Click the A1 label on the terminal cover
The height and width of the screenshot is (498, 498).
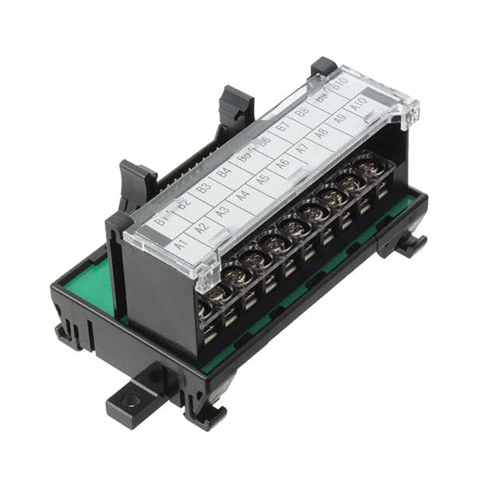tap(181, 244)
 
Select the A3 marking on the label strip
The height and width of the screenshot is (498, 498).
tap(222, 211)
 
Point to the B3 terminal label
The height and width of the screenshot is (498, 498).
tap(204, 189)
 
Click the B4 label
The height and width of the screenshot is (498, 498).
tap(224, 173)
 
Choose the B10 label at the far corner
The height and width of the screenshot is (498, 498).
tap(339, 83)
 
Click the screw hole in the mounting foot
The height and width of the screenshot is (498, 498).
tap(130, 401)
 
